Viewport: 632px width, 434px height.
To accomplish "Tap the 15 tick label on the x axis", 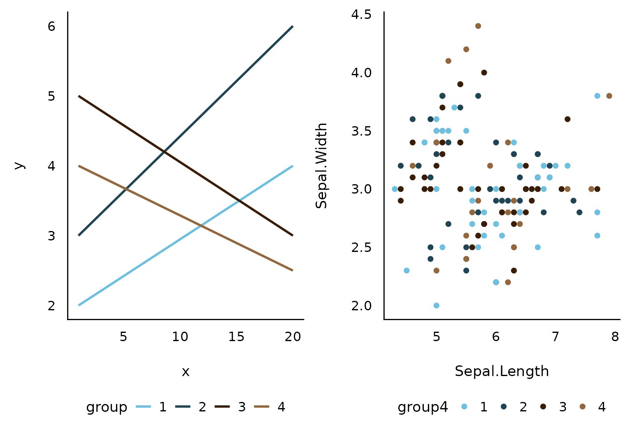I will coord(237,337).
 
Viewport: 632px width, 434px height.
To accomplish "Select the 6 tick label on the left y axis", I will coord(51,27).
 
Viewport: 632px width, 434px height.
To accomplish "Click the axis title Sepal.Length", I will coord(502,371).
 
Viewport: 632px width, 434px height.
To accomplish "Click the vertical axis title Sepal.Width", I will coord(321,166).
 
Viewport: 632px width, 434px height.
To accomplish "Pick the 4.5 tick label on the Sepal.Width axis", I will coord(361,15).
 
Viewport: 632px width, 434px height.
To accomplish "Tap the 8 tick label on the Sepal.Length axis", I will coord(615,337).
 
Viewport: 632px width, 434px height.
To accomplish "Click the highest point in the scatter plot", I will coord(478,26).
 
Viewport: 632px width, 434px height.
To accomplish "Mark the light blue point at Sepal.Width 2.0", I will coord(437,305).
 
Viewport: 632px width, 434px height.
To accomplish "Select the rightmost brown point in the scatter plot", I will coord(609,96).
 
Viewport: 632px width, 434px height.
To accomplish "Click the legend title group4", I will coord(423,407).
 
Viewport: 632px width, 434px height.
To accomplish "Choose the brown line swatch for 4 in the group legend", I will coord(262,407).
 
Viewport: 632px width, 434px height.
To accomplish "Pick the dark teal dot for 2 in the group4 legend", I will coord(504,407).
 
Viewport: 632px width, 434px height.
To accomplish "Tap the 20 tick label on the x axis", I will coord(293,337).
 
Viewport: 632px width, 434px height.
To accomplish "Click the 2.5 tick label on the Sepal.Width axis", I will coord(361,247).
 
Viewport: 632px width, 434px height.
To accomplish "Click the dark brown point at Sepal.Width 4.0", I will coord(484,73).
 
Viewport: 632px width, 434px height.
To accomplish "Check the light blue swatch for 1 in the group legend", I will coord(143,407).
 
